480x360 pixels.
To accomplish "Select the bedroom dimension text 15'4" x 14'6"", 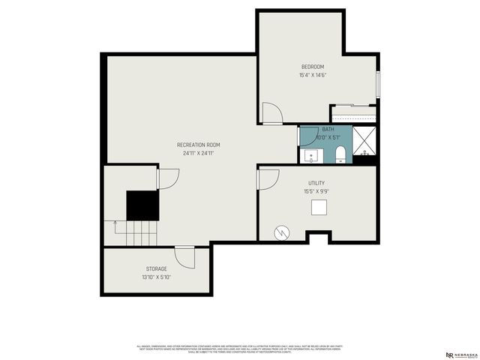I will (312, 75).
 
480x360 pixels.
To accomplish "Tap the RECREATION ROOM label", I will (198, 145).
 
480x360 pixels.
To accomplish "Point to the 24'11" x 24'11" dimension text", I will (198, 153).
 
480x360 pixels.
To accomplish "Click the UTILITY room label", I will (316, 183).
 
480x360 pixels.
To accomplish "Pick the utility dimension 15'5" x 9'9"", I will (316, 191).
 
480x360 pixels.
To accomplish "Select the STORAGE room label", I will (156, 268).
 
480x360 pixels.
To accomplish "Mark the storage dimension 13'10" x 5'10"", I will (156, 277).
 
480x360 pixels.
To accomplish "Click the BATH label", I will (318, 129).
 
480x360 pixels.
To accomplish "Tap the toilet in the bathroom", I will (340, 154).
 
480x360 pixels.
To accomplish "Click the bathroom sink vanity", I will (312, 156).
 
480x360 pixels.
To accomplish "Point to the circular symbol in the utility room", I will (282, 232).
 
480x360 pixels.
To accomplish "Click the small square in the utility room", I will (320, 208).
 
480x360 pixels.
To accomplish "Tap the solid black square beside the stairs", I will (142, 205).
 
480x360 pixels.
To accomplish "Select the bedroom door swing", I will (271, 113).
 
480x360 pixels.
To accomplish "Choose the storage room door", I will (185, 257).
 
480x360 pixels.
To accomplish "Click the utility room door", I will (268, 180).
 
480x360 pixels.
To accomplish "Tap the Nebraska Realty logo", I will (459, 355).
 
